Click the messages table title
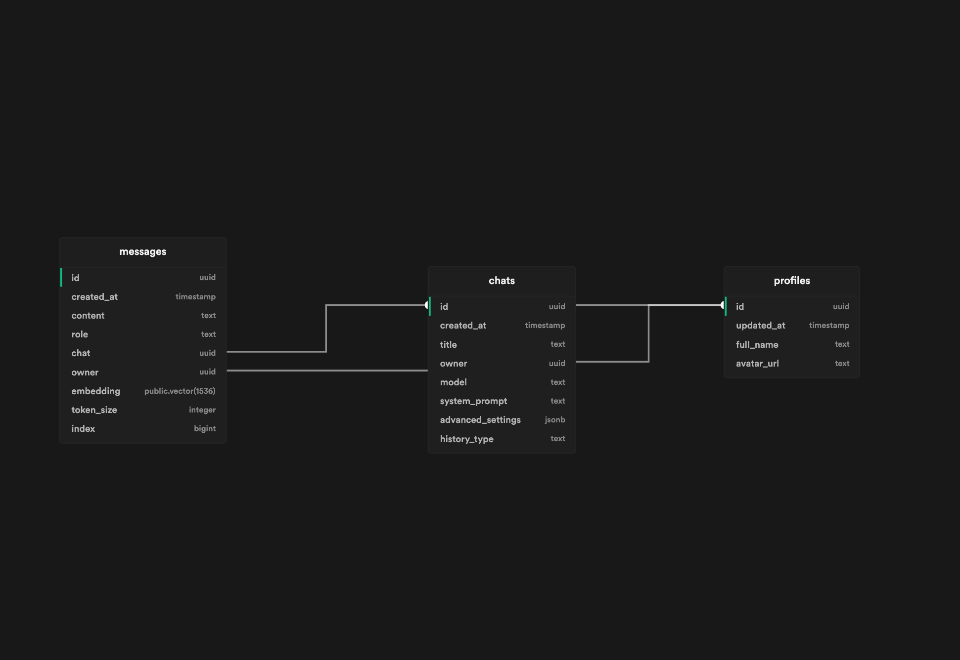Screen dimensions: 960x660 coord(142,252)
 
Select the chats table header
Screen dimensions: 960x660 coord(502,281)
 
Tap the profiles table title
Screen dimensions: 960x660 coord(791,281)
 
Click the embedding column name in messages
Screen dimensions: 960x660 coord(95,391)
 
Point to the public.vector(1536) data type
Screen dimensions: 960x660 coord(180,391)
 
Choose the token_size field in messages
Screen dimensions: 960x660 coord(94,410)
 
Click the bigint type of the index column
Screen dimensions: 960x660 coord(204,429)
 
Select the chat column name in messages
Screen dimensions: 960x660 coord(81,353)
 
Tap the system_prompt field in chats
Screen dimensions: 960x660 coord(473,401)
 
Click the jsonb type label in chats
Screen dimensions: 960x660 coord(554,420)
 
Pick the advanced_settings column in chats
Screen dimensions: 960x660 coord(480,420)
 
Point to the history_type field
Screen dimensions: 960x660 coord(466,439)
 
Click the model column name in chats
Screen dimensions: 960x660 coord(453,382)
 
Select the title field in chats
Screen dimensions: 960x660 coord(448,345)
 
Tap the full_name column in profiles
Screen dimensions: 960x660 coord(757,345)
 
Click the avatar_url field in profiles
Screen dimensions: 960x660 coord(757,364)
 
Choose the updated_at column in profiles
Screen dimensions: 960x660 coord(760,326)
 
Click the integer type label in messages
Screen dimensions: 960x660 coord(202,410)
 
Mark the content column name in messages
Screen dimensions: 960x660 coord(88,316)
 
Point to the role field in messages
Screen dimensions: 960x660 coord(80,334)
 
